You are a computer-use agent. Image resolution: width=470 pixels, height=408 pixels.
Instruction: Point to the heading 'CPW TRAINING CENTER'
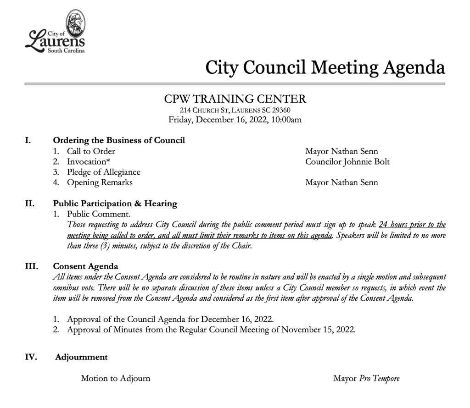(x=235, y=99)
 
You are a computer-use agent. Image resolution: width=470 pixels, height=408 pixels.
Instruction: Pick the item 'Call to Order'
(x=91, y=151)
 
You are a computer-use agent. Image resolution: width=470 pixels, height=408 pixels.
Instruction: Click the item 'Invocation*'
(x=89, y=162)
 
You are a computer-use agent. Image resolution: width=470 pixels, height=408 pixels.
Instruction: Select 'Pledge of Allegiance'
(x=103, y=172)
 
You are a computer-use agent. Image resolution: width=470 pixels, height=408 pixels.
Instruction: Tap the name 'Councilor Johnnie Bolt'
(x=347, y=162)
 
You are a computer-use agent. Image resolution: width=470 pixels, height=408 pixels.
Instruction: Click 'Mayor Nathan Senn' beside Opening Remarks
(x=341, y=183)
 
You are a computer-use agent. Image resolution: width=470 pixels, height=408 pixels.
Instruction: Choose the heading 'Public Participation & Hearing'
(x=115, y=204)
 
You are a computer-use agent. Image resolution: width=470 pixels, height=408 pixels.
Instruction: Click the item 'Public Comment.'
(x=98, y=214)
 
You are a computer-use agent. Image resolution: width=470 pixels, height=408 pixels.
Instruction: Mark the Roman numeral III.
(x=31, y=266)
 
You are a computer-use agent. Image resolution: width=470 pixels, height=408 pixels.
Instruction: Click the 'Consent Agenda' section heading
(x=85, y=266)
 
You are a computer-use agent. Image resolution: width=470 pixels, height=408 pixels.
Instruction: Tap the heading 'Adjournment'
(x=81, y=357)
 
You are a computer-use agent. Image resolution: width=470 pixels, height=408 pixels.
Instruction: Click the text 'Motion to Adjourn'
(x=115, y=379)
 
